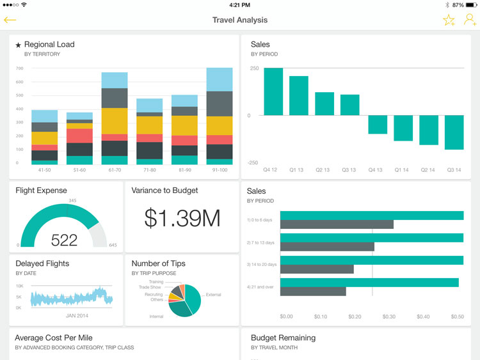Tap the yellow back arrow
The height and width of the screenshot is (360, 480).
[10, 20]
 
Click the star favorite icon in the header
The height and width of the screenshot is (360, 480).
[449, 20]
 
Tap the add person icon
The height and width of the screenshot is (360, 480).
[470, 20]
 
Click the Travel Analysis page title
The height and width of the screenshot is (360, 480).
[240, 20]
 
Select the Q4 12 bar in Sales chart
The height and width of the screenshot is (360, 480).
[273, 91]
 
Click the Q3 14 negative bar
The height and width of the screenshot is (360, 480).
[454, 132]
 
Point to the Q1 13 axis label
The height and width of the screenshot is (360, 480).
[297, 170]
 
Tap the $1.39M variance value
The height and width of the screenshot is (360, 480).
[182, 219]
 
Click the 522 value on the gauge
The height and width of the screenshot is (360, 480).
[64, 240]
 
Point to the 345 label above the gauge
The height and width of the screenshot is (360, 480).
[72, 201]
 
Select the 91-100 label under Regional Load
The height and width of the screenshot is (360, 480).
[220, 171]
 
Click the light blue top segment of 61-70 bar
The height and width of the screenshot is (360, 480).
[115, 80]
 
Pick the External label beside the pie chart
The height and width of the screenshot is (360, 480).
[213, 295]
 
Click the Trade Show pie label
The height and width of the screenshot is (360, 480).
[151, 287]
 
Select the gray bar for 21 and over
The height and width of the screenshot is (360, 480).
[313, 292]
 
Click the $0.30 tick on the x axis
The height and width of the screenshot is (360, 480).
[388, 317]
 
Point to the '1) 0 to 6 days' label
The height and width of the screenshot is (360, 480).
[260, 220]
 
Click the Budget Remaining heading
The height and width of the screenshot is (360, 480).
[283, 338]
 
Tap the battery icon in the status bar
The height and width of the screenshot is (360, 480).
[472, 4]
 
